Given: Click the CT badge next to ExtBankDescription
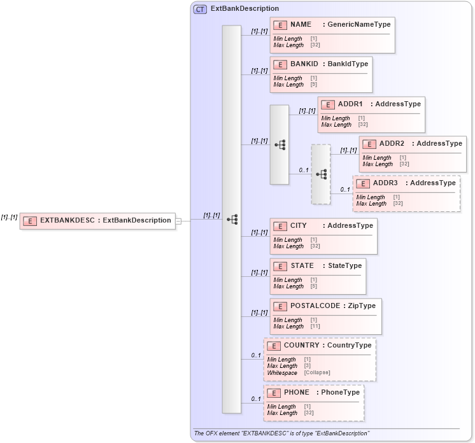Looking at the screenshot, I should tap(201, 9).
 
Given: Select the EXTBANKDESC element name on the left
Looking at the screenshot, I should tap(67, 220).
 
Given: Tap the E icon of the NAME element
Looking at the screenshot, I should tap(280, 25).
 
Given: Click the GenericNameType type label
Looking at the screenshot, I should tap(359, 25).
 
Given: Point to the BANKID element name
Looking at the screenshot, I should tap(304, 64).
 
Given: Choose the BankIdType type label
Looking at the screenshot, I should tap(348, 64).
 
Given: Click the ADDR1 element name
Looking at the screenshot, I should tap(350, 104).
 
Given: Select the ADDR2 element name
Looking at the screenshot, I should tap(392, 144).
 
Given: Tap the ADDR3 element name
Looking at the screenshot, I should tap(385, 183).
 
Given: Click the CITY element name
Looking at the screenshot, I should tap(299, 226).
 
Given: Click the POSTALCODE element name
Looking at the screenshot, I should tap(315, 306).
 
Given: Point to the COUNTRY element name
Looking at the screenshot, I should tap(301, 346).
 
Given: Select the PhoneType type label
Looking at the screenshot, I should tap(340, 393).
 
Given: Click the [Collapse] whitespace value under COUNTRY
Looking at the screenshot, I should tap(317, 372).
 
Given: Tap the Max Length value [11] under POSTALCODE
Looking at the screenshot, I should tap(315, 327).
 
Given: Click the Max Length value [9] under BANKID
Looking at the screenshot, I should tap(313, 85).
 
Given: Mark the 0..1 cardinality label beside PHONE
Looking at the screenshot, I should tap(256, 399).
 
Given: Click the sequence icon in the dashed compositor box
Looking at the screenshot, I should tap(322, 174).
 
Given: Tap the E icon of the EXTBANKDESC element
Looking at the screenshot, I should tap(29, 221).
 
